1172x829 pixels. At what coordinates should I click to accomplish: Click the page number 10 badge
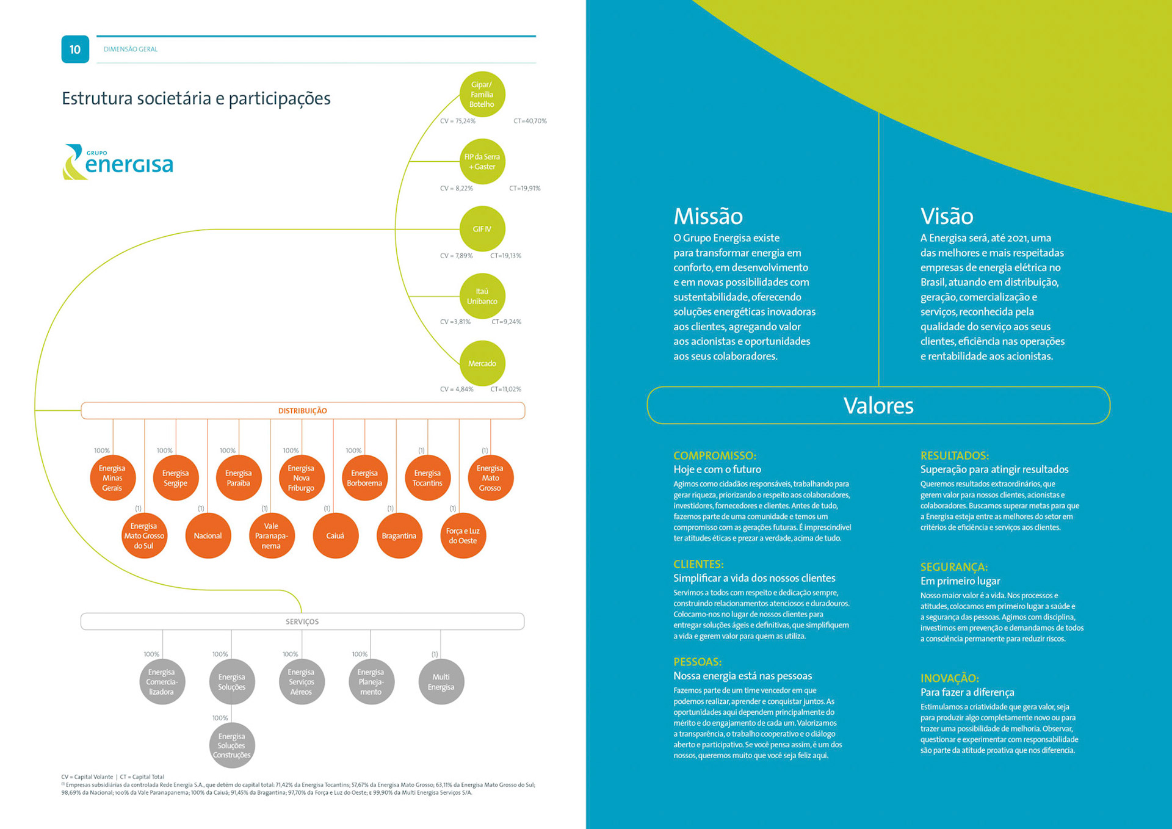pos(75,49)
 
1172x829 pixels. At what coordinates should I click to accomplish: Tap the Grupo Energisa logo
pos(118,162)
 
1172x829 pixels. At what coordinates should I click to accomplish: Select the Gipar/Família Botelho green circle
pos(482,95)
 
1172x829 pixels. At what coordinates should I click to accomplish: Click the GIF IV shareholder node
pos(482,229)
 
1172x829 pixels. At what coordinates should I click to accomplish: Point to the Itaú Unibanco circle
pos(482,296)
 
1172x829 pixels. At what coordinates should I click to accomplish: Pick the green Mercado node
pos(482,363)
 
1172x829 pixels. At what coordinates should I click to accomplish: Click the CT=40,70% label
pos(530,121)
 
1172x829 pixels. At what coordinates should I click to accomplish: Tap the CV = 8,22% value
pos(457,188)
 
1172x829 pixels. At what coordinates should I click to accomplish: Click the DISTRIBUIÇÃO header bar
pos(303,411)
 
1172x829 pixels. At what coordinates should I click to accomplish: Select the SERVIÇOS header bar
pos(302,621)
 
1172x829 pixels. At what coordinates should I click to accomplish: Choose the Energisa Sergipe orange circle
pos(175,478)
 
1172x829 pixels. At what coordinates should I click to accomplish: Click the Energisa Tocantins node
pos(427,478)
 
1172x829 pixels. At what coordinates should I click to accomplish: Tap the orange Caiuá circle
pos(335,536)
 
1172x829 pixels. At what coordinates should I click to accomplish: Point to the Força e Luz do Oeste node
pos(463,536)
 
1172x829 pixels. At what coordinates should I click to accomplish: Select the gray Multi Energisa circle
pos(441,682)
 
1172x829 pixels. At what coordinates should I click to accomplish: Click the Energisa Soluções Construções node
pos(231,745)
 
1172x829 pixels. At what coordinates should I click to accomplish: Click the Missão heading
pos(708,216)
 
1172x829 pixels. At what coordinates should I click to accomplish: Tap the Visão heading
pos(947,216)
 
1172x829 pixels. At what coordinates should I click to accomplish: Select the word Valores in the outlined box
pos(878,405)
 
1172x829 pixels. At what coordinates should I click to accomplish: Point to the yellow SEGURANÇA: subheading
pos(953,567)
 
